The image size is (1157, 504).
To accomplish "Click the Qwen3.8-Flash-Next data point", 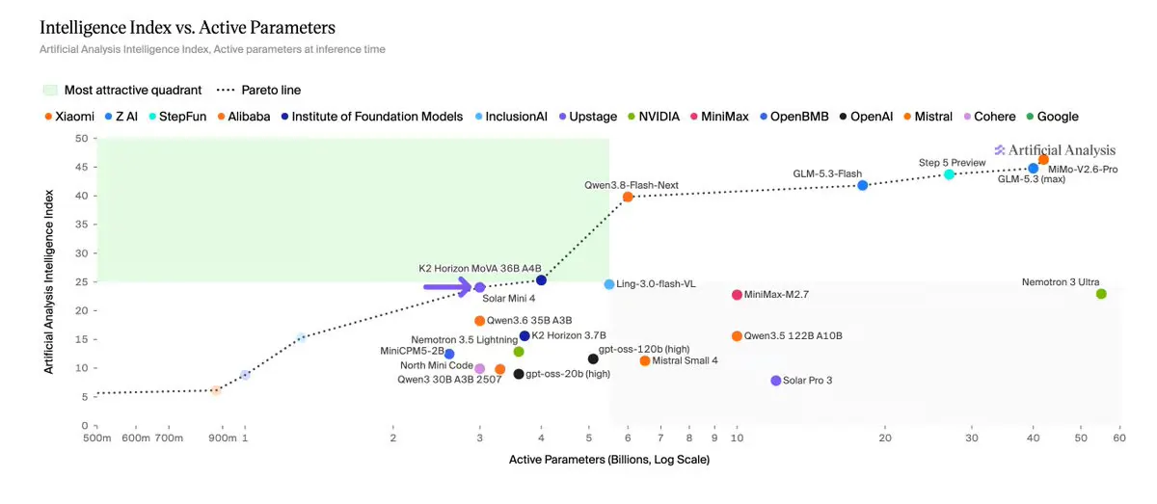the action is pos(628,197).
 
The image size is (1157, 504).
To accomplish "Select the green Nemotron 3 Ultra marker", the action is pos(1101,294).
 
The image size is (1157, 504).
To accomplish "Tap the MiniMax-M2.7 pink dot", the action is pos(737,295).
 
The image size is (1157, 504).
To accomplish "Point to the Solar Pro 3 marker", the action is pos(776,381).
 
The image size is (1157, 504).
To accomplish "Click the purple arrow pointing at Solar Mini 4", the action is pos(447,286).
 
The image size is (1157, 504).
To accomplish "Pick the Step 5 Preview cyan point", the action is pos(949,174).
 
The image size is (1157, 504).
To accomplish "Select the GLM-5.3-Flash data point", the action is pos(863,185).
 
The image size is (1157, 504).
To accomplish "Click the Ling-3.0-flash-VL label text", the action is pos(656,284).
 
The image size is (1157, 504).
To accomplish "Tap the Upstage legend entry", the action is pos(588,117).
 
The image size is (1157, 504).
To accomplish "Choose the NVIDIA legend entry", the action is pos(654,117).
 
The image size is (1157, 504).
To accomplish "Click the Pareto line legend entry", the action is pos(258,91).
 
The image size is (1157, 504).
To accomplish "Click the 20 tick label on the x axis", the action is pos(885,438).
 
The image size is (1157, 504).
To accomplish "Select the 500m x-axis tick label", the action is pos(97,438).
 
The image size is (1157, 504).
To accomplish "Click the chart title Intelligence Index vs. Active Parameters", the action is pos(187,27).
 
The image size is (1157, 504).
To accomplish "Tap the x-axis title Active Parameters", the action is pos(609,460).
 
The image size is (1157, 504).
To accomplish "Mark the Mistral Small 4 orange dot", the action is pos(645,361).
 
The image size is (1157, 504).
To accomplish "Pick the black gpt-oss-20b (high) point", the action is pos(519,374).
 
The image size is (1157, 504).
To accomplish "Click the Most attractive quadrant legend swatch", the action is pos(50,91).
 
